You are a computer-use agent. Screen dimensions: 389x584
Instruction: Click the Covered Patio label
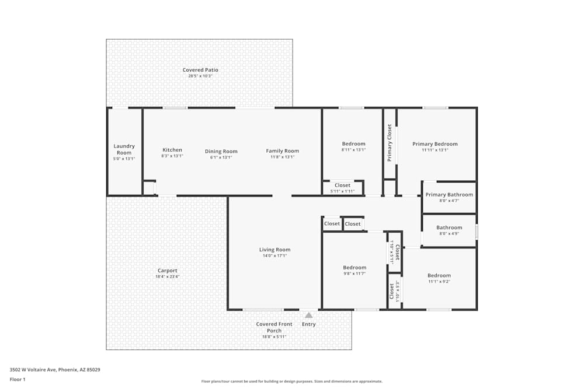point(200,70)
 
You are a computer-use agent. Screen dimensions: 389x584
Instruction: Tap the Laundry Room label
point(124,149)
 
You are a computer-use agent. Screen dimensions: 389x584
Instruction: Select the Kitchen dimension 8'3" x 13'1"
point(172,156)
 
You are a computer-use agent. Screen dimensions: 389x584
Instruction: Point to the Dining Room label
point(221,152)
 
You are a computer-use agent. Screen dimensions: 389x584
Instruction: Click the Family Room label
point(283,150)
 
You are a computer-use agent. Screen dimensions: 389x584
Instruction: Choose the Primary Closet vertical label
point(390,143)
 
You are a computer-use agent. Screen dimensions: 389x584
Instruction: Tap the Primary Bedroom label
point(435,144)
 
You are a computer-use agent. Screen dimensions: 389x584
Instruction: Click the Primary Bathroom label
point(449,195)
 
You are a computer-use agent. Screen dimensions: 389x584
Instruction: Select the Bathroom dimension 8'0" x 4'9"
point(449,233)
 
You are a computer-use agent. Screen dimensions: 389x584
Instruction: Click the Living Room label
point(274,250)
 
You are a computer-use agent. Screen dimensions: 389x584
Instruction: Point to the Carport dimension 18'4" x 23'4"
point(167,276)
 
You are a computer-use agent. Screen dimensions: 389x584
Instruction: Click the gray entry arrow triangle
point(309,315)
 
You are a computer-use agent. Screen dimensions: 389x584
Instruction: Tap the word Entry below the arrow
point(309,324)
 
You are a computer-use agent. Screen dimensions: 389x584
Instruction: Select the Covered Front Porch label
point(274,327)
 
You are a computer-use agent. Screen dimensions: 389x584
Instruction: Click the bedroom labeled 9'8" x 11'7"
point(354,268)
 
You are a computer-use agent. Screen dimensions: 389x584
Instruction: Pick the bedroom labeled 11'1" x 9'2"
point(439,276)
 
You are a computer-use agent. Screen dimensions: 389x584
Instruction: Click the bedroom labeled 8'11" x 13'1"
point(353,144)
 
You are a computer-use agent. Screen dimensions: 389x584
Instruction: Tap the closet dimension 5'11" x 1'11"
point(342,191)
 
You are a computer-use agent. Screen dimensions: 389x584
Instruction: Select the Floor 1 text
point(18,379)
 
